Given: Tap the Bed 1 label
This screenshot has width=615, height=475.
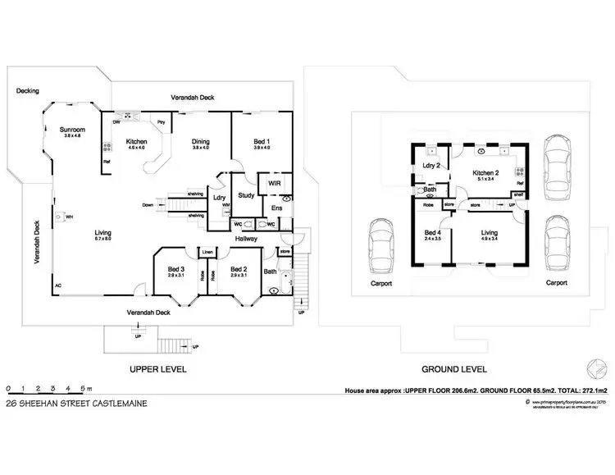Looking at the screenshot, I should coord(262,140).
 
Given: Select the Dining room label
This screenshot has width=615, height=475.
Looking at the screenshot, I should coord(201,140).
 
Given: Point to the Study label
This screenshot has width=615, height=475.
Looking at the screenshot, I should coord(245,195).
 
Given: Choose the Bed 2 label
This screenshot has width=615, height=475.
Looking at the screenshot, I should coord(239,269).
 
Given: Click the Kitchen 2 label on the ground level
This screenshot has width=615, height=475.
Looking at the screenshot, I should coord(486,173).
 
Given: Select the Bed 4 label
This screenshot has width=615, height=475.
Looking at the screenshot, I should coord(432,232).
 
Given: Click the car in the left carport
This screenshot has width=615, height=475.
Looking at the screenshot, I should coord(382,248).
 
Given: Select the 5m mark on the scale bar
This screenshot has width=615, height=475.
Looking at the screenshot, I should coord(84,387).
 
